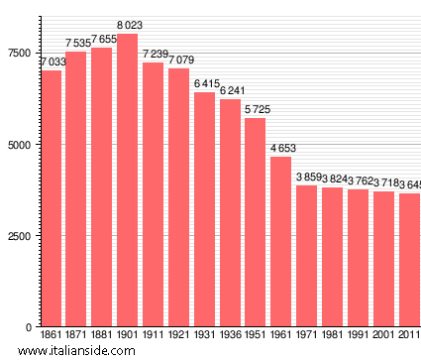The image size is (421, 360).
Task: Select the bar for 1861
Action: (51, 198)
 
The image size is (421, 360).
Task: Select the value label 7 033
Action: (52, 61)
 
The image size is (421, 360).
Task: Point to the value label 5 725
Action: (256, 109)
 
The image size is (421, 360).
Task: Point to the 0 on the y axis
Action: (30, 327)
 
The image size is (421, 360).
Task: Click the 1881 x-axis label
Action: (102, 337)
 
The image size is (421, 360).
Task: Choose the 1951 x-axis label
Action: (256, 337)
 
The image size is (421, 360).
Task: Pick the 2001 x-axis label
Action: (383, 337)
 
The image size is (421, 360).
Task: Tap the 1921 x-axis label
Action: (179, 337)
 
